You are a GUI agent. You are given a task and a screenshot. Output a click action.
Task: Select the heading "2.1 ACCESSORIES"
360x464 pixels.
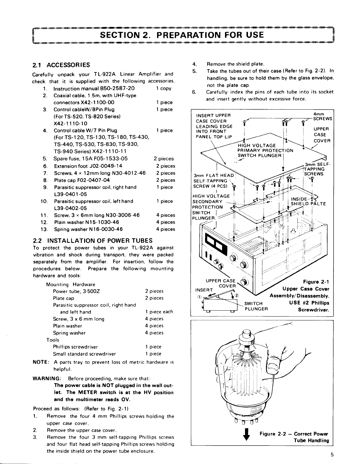coord(61,65)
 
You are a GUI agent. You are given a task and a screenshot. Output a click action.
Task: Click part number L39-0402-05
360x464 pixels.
coord(70,208)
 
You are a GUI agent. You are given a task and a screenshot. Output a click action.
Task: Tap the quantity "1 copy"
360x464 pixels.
coord(164,88)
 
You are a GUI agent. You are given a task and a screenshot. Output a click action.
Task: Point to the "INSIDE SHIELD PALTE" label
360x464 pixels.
coord(308,201)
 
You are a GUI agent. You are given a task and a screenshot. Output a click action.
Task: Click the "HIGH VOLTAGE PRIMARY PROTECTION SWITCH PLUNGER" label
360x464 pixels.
coord(265,150)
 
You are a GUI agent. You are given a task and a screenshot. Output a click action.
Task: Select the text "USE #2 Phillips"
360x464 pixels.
coord(311,303)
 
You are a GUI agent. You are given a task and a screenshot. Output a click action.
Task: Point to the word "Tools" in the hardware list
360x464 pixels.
coord(53,340)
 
